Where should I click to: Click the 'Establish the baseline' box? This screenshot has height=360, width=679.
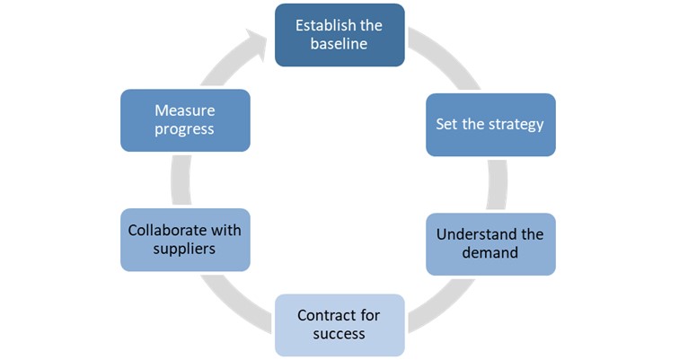point(339,35)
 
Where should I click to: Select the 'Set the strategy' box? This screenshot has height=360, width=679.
point(490,125)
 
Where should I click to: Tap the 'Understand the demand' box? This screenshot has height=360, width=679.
point(490,244)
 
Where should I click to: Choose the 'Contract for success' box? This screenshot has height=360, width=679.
point(339,325)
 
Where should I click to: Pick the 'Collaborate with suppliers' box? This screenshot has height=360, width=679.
point(185,240)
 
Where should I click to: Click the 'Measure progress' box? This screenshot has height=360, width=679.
point(185,120)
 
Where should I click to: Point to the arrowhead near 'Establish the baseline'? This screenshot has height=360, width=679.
point(257,44)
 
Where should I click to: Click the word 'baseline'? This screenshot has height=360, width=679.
point(339,44)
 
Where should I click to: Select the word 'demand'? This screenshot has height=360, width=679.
point(489,252)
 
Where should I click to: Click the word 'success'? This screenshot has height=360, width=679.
point(339,334)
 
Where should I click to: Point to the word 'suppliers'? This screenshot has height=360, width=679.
point(184,250)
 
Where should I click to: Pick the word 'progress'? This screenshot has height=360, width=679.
point(184,129)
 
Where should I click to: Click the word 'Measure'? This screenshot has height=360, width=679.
point(185,110)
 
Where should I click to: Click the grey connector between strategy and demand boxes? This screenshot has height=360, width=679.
point(498,185)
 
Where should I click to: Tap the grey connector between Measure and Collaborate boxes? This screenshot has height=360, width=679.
point(181,180)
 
